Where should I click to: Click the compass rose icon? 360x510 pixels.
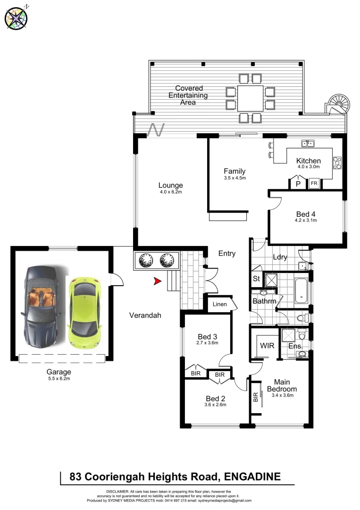pyautogui.click(x=16, y=18)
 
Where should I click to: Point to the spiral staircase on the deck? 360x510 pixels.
pyautogui.click(x=339, y=104)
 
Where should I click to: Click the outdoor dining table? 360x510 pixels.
pyautogui.click(x=251, y=98)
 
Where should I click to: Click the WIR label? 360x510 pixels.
pyautogui.click(x=267, y=345)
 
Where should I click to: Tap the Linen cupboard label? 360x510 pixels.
pyautogui.click(x=219, y=304)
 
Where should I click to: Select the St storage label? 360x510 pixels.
pyautogui.click(x=257, y=278)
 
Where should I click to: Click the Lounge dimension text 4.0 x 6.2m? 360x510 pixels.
pyautogui.click(x=170, y=192)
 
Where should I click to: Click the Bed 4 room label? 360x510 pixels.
pyautogui.click(x=305, y=214)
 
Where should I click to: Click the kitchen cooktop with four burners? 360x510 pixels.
pyautogui.click(x=337, y=163)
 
